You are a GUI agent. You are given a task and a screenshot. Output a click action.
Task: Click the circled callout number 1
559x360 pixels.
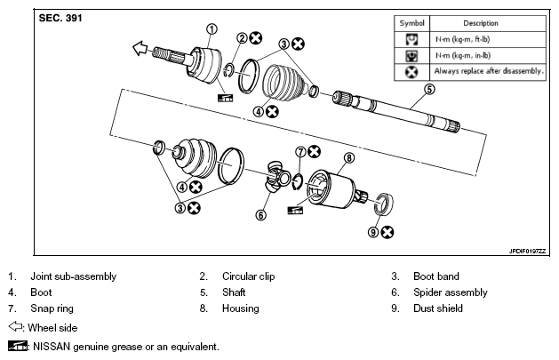212,29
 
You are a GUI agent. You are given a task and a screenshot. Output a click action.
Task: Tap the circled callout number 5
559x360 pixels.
429,89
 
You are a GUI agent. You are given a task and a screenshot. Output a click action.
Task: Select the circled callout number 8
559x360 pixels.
349,158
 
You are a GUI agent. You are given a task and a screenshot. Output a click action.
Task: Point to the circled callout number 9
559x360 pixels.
373,232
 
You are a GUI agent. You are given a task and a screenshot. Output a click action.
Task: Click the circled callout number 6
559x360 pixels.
261,215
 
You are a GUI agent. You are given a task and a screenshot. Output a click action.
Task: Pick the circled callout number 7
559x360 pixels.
301,152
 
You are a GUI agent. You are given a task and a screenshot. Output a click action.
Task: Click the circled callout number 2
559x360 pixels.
242,38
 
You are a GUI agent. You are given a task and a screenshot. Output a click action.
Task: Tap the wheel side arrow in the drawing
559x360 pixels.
140,48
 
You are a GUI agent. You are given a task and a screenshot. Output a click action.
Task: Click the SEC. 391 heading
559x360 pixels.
60,18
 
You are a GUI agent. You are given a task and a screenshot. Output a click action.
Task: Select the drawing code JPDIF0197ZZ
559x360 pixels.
527,252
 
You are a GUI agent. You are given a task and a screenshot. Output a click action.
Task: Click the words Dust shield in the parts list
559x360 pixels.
438,308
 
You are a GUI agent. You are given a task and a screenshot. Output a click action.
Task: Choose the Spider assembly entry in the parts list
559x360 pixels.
451,292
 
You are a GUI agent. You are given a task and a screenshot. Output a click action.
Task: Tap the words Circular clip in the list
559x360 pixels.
249,276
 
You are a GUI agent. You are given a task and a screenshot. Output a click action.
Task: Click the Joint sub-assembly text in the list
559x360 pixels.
74,276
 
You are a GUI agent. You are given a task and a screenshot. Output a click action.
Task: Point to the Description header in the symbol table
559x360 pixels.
481,23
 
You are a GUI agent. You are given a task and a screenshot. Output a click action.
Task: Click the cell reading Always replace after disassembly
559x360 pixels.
489,71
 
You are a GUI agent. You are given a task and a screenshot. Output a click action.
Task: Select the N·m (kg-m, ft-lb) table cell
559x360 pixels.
463,40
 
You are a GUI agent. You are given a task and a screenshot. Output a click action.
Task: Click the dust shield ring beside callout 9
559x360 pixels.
384,204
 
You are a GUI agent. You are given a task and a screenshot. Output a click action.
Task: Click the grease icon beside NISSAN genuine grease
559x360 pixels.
18,346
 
